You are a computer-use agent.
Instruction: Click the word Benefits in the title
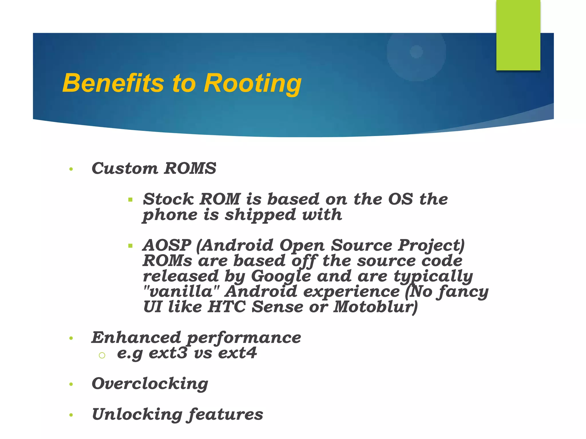[113, 83]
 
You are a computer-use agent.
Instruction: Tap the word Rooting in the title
[252, 84]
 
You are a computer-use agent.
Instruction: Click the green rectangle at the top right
[518, 35]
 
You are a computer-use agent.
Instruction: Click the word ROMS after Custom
[190, 168]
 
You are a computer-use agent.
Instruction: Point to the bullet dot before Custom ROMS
[71, 169]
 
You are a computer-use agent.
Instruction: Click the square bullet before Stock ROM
[130, 200]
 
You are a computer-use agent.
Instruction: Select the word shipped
[260, 215]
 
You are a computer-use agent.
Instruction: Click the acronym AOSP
[167, 245]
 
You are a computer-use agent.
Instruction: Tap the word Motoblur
[375, 307]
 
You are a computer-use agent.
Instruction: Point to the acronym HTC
[227, 307]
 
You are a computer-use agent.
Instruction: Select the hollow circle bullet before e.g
[102, 355]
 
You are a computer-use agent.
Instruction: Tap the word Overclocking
[150, 384]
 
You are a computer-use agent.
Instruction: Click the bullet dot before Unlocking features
[71, 415]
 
